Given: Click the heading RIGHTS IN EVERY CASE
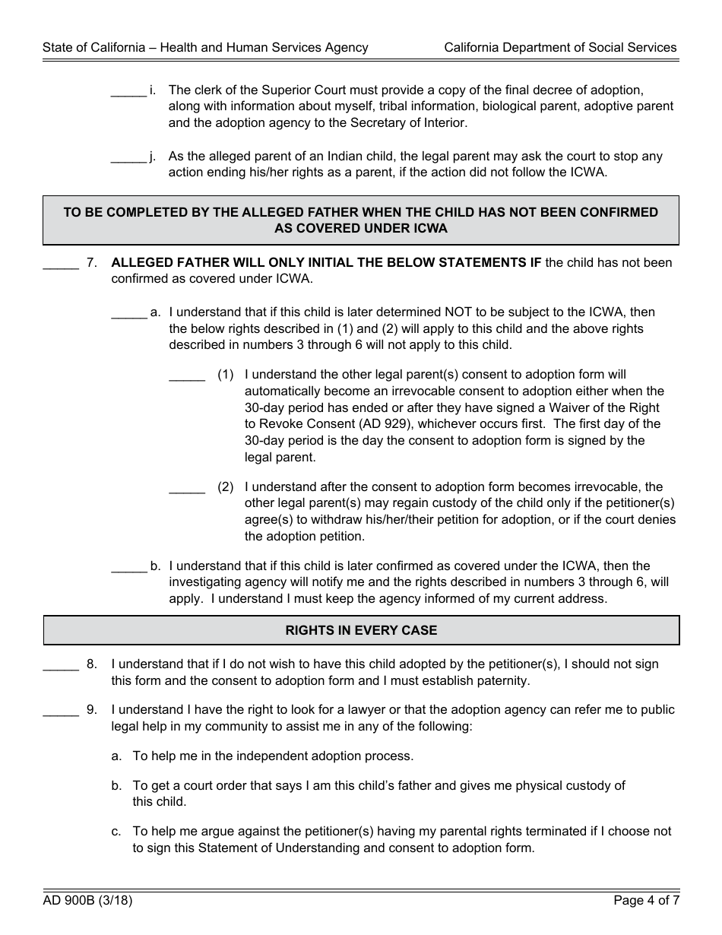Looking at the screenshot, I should coord(361,630).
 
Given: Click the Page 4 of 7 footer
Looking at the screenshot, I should coord(646,902).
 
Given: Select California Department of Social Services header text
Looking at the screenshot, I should coord(560,47).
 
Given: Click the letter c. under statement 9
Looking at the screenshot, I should coord(116,832).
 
